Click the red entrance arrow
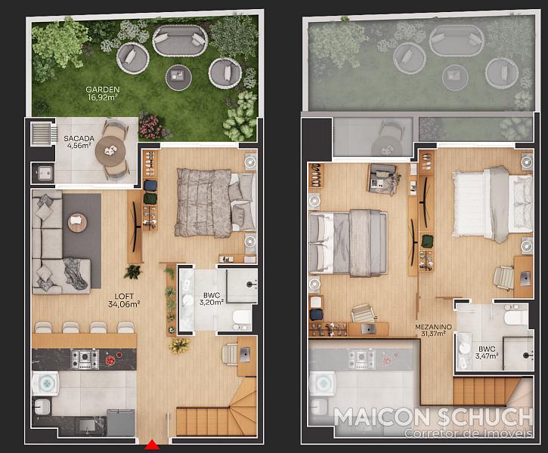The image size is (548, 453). point(152,445)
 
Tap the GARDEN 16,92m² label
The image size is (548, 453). point(102,94)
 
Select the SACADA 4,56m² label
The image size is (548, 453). point(79,142)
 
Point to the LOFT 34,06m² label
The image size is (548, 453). point(124,300)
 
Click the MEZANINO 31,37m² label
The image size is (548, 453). point(433,330)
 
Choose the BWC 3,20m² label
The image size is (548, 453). point(212,299)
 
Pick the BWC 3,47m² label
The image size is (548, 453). point(487,353)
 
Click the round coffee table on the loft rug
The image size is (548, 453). point(77,222)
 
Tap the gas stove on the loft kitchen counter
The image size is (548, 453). point(85,359)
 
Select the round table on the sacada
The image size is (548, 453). point(110,150)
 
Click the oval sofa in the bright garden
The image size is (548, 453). point(180,40)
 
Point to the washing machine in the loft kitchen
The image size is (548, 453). point(45,384)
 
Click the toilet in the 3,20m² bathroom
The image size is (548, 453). point(242,318)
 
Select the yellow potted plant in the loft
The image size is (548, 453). point(179,345)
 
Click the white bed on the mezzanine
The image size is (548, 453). point(492,204)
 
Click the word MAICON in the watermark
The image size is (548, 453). point(382,417)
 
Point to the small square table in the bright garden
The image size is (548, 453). point(178,78)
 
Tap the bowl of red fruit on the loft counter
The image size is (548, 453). point(110,360)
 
